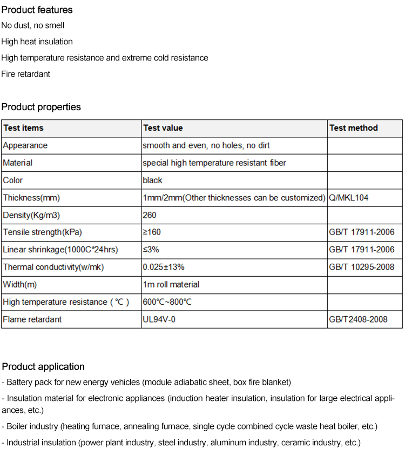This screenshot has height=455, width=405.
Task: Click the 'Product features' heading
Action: (x=37, y=10)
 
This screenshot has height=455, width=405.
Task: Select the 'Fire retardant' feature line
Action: (x=25, y=74)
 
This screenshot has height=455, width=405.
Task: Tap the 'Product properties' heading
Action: (x=41, y=107)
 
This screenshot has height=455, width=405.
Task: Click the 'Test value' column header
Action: (x=163, y=128)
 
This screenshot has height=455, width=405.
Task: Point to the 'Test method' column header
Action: (x=353, y=128)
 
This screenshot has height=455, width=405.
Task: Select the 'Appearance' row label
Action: (x=25, y=145)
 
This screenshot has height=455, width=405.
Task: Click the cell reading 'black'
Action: (x=152, y=180)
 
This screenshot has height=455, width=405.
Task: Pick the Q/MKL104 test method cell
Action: (x=348, y=198)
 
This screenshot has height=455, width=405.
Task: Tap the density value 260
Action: (x=150, y=215)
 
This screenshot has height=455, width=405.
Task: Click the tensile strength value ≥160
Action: (x=152, y=232)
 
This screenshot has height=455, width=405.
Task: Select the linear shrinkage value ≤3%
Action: (x=151, y=250)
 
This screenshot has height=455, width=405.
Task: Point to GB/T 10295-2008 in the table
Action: (x=361, y=267)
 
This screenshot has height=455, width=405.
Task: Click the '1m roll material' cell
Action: (x=171, y=284)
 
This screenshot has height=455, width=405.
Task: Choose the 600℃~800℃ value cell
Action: (x=167, y=302)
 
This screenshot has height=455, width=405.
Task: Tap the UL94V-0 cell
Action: (x=159, y=319)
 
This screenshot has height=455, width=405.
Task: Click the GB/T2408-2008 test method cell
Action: (x=358, y=319)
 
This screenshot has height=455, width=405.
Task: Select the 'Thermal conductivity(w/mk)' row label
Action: (x=53, y=267)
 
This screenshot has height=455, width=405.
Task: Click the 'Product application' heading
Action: (x=43, y=366)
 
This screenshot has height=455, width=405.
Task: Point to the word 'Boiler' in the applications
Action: (x=18, y=426)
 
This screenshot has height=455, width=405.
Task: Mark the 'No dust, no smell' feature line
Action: (x=32, y=25)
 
